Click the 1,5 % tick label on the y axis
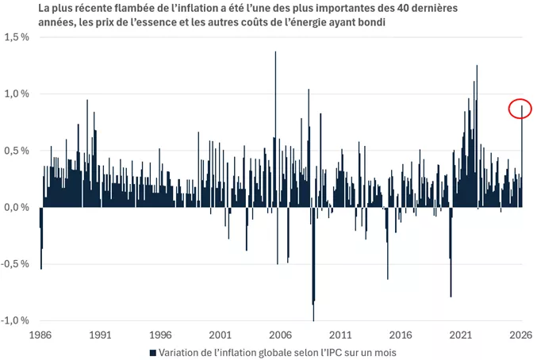[x=17, y=37]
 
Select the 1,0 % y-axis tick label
[x=17, y=94]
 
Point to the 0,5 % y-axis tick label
[x=17, y=151]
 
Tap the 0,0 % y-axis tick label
[x=17, y=208]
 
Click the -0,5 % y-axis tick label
[x=16, y=264]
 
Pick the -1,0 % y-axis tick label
[x=16, y=320]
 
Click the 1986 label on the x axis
[x=40, y=335]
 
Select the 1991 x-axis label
[x=100, y=335]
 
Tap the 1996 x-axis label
[x=160, y=335]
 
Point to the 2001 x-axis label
[x=221, y=335]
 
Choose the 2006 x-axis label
[x=280, y=335]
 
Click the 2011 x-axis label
[x=340, y=335]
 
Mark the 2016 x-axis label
[x=401, y=335]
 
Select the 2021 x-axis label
[x=461, y=335]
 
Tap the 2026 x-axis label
[x=520, y=335]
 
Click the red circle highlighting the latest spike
[x=520, y=109]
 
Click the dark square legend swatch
[x=152, y=352]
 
